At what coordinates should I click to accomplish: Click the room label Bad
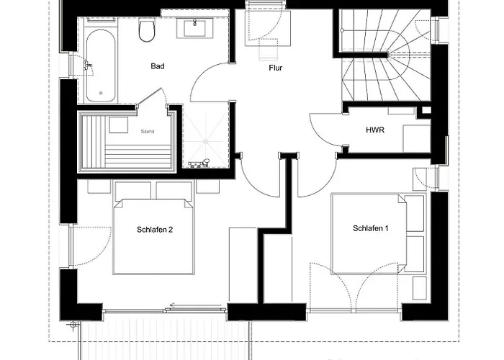click(158, 66)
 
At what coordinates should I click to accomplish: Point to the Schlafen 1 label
click(371, 228)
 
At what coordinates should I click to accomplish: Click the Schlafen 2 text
click(155, 230)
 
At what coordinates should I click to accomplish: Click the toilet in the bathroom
click(148, 30)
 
